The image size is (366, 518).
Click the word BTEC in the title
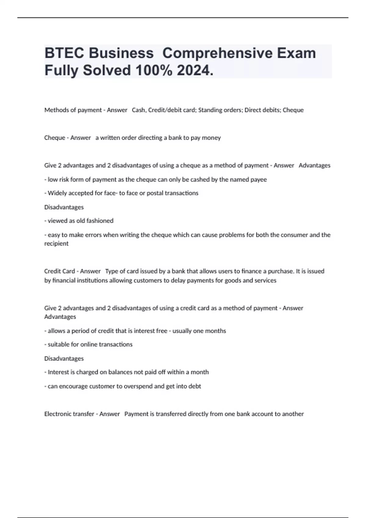(x=64, y=53)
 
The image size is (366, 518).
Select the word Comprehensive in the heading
(x=217, y=53)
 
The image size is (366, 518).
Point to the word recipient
(x=56, y=243)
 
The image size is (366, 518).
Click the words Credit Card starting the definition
(x=59, y=271)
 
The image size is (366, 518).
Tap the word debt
(x=194, y=386)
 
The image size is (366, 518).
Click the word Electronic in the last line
(x=56, y=414)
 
